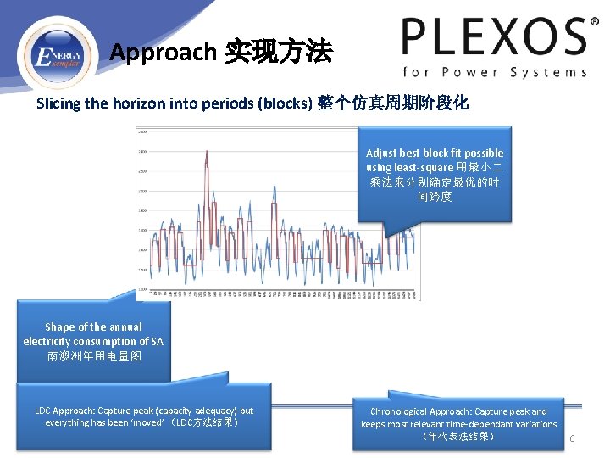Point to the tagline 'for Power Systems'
pyautogui.click(x=495, y=72)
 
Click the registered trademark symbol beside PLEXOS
pyautogui.click(x=580, y=23)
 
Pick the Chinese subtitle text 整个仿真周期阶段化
pyautogui.click(x=392, y=103)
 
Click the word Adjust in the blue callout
pyautogui.click(x=382, y=153)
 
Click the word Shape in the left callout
pyautogui.click(x=59, y=327)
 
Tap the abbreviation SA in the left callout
pyautogui.click(x=157, y=341)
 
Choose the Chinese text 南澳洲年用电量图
pyautogui.click(x=94, y=356)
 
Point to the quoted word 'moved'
pyautogui.click(x=145, y=422)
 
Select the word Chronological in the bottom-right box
pyautogui.click(x=400, y=411)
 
